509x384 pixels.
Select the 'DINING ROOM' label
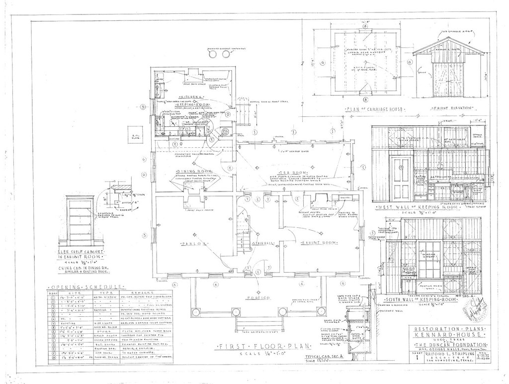pos(188,172)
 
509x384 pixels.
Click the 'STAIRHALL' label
pos(262,244)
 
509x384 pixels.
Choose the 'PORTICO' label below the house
pos(257,298)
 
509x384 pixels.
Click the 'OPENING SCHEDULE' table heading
pos(85,288)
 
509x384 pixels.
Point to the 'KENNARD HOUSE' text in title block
pos(444,336)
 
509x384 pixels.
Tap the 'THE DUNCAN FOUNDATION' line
pos(444,345)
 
